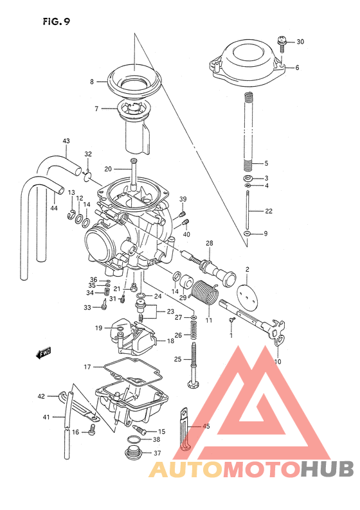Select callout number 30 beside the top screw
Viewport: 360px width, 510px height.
click(x=300, y=42)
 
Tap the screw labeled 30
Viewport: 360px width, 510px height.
click(x=282, y=42)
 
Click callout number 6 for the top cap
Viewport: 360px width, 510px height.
click(x=297, y=67)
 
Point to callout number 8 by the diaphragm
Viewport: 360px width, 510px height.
click(x=92, y=82)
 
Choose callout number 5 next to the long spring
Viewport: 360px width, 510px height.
click(x=265, y=163)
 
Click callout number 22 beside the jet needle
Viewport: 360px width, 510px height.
click(x=267, y=211)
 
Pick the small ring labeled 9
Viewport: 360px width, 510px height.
click(x=248, y=233)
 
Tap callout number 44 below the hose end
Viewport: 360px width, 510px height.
click(x=53, y=208)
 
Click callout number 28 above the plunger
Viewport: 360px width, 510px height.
click(x=209, y=243)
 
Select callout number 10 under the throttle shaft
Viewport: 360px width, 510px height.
click(x=278, y=362)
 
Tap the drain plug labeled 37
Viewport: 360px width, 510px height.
click(x=134, y=454)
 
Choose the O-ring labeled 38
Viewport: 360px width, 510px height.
click(x=134, y=440)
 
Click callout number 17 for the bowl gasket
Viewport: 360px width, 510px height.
click(x=87, y=367)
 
